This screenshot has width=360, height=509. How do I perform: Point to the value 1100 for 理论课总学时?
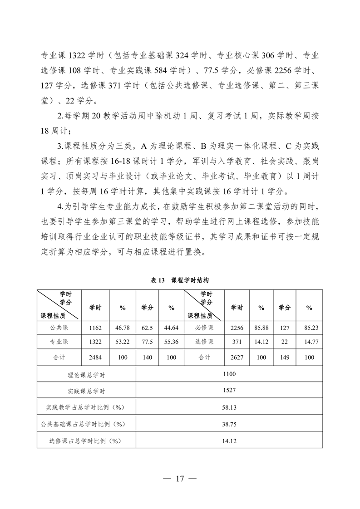tap(229, 374)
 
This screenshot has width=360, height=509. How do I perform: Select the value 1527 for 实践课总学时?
tap(229, 390)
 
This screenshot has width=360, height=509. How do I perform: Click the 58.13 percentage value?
tap(229, 407)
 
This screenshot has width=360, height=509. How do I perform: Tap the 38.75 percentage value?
tap(229, 424)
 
